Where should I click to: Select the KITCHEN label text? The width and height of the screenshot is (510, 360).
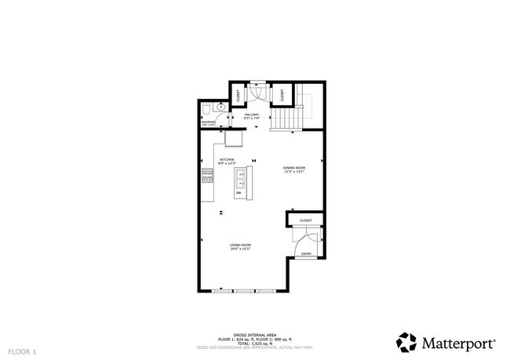click(227, 161)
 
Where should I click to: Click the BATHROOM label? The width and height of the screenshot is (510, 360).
click(208, 122)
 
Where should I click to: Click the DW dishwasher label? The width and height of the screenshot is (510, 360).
click(239, 192)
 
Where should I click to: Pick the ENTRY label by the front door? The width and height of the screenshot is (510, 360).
click(306, 254)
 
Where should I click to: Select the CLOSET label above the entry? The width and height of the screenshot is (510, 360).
click(306, 220)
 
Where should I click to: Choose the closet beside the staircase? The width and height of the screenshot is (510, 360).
click(282, 95)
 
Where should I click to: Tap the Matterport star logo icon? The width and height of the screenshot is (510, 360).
click(406, 343)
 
